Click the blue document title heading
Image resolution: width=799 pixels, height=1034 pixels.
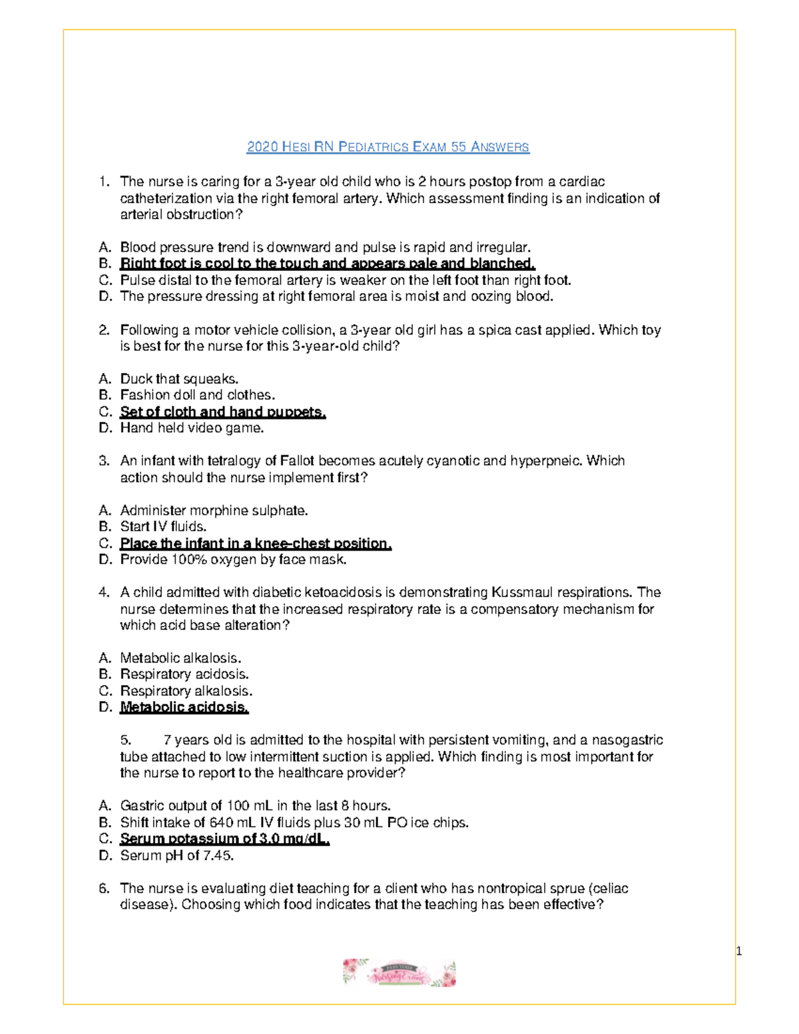coord(388,146)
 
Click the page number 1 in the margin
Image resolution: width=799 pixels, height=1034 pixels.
coord(738,951)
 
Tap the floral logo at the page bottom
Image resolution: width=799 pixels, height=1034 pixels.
coord(399,973)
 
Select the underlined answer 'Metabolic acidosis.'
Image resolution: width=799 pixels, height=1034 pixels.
coord(184,707)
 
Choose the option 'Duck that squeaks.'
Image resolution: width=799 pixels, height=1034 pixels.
coord(179,379)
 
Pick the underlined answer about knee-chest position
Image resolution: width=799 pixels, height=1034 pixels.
coord(256,543)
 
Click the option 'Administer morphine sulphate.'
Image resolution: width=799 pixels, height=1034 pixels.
coord(214,511)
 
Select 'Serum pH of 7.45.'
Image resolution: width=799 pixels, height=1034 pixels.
coord(177,856)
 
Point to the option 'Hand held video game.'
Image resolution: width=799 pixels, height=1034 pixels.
coord(192,428)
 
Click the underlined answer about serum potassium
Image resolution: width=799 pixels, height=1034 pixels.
coord(225,839)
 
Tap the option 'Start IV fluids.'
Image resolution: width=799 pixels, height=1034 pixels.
coord(163,527)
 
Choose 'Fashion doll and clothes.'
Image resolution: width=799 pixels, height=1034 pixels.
coord(197,395)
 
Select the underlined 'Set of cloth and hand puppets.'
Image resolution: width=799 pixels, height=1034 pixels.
coord(223,412)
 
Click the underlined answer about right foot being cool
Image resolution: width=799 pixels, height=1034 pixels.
coord(328,264)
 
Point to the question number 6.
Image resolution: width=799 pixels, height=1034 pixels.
coord(103,888)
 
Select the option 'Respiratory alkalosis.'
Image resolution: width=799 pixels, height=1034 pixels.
coord(186,691)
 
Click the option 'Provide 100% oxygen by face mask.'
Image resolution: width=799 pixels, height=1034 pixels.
coord(233,560)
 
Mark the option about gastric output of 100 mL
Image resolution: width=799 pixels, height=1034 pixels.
coord(255,806)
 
